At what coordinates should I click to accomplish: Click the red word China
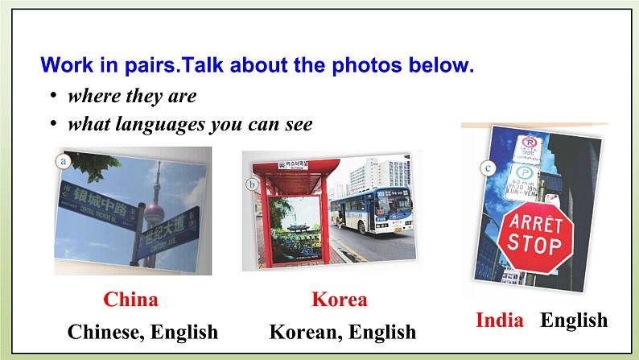click(130, 300)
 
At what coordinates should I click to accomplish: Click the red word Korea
click(339, 300)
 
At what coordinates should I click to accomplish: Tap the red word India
click(499, 320)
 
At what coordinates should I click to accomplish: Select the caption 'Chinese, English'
click(142, 331)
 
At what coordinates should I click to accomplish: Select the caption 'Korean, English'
click(342, 331)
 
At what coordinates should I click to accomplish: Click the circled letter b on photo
click(252, 184)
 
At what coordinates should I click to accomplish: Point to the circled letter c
click(487, 168)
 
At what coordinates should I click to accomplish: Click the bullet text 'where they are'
click(132, 96)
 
